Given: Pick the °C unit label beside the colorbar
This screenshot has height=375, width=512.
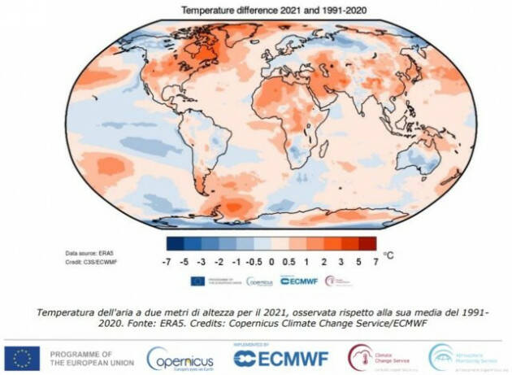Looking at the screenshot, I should coord(389,255).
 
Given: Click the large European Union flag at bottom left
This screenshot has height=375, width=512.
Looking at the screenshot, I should coord(21,358).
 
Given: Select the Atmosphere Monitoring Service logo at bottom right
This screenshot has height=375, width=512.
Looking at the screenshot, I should coord(464,358).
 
